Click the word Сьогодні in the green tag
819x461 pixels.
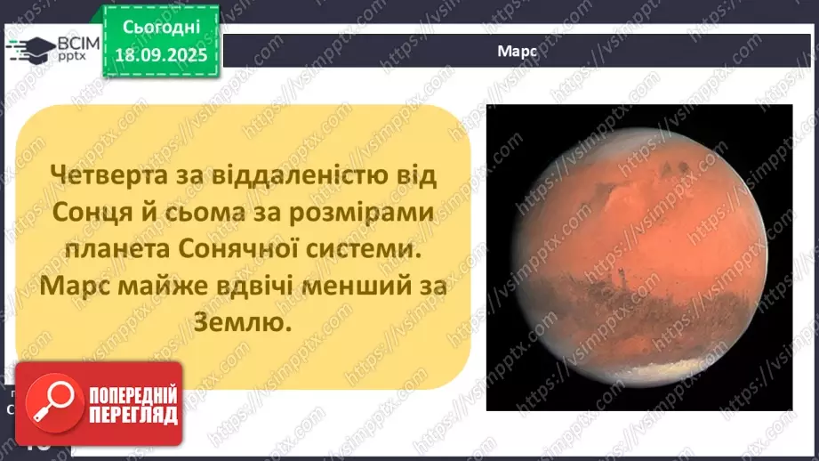coord(161,28)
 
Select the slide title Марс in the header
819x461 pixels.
coord(517,52)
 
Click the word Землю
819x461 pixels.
coord(244,326)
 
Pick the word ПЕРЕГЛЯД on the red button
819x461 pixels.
coord(132,415)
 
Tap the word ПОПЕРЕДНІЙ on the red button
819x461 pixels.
coord(132,394)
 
